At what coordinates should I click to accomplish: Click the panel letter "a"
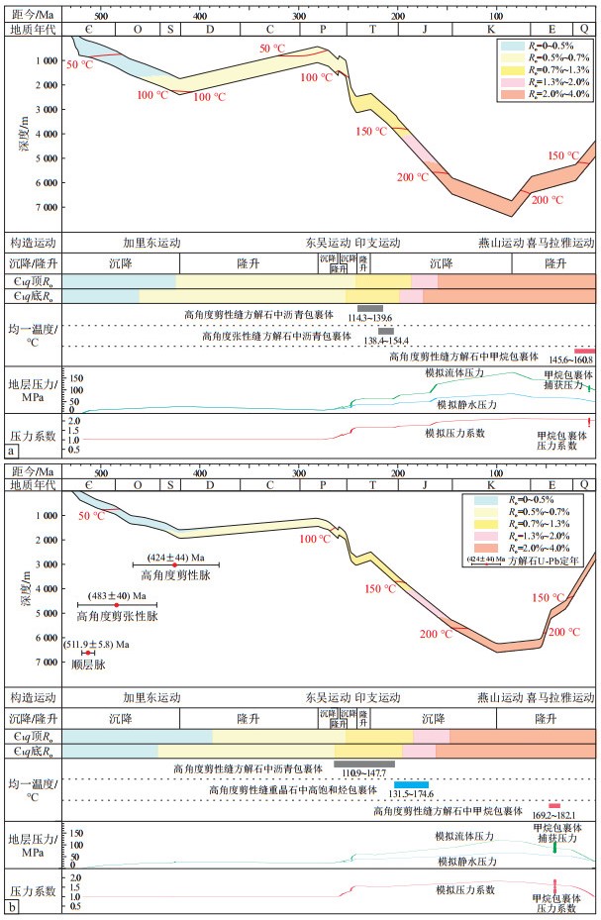(11, 451)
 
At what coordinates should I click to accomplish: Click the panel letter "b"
(11, 907)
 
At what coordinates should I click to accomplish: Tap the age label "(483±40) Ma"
(119, 594)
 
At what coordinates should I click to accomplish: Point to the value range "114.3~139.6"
(369, 318)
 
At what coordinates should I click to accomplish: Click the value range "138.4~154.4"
(386, 339)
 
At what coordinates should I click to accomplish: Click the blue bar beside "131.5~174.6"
(411, 784)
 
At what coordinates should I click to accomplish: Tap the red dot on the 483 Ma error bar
(117, 604)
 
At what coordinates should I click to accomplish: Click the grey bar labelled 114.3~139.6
(369, 308)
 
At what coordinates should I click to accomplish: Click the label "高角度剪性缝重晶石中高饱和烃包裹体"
(292, 790)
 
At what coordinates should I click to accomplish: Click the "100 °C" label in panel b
(316, 539)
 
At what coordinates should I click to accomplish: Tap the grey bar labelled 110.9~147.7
(363, 763)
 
